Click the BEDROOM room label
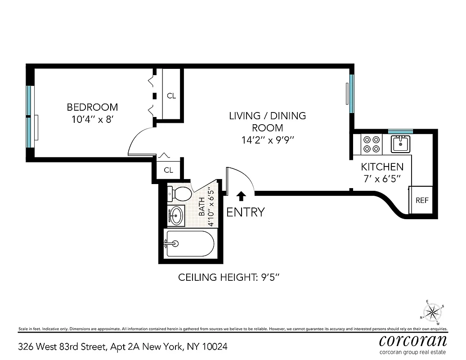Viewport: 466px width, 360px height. [92, 107]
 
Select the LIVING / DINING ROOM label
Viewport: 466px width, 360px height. [267, 121]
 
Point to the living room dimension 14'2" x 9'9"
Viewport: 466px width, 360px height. [267, 139]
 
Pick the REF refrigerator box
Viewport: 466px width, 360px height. [421, 200]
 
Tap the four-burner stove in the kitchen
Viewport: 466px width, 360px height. [372, 144]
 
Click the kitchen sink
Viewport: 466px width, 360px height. [399, 144]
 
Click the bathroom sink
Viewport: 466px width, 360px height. [176, 215]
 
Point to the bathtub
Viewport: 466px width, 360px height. [189, 243]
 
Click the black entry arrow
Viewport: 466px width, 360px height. [241, 196]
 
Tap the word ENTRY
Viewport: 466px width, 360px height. [245, 212]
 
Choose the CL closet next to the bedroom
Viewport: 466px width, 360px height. [171, 95]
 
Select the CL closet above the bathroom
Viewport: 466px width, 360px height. [168, 170]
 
